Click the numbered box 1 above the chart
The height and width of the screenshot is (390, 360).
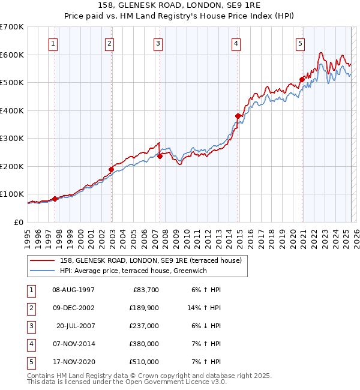(x=53, y=43)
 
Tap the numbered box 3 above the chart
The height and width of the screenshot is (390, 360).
(x=158, y=43)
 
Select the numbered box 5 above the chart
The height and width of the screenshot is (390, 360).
(x=299, y=43)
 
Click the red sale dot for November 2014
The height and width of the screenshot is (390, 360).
(x=238, y=116)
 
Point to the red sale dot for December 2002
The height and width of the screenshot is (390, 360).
(x=111, y=169)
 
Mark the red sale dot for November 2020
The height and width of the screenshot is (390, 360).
(x=302, y=79)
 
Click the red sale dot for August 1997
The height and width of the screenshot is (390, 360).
(x=55, y=199)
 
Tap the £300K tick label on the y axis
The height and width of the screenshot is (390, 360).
(x=12, y=138)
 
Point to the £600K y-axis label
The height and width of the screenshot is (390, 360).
(x=12, y=55)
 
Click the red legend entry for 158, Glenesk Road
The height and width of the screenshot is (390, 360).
(x=150, y=260)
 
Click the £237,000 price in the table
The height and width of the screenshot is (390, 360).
(x=145, y=326)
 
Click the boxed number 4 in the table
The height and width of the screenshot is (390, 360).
(x=29, y=344)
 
